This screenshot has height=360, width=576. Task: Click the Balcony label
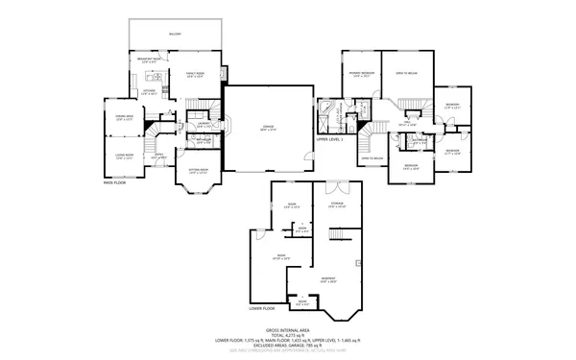[x=176, y=34]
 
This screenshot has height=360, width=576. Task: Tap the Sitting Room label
[x=194, y=171]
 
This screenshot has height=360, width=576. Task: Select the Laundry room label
[x=204, y=124]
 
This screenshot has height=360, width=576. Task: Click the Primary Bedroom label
[x=361, y=74]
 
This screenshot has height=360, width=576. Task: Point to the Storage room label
[x=336, y=204]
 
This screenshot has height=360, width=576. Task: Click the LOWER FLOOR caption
[x=261, y=309]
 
